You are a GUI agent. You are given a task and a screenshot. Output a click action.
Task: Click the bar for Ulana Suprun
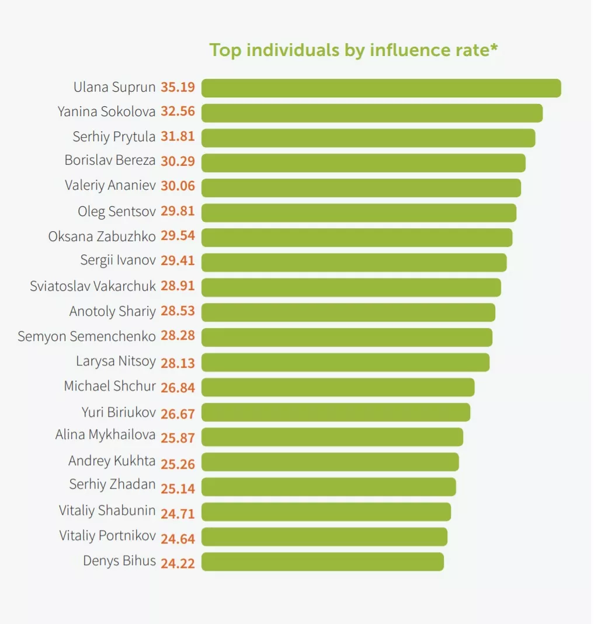[381, 88]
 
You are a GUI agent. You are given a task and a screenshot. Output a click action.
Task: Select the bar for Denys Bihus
[322, 562]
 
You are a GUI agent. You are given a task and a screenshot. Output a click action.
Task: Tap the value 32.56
[178, 111]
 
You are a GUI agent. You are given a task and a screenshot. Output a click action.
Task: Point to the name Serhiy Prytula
[114, 137]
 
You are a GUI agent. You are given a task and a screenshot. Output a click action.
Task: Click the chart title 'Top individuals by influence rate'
[353, 50]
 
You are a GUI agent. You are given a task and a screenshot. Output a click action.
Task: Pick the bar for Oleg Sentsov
[359, 212]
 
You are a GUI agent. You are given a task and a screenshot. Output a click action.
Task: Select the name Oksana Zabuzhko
[102, 236]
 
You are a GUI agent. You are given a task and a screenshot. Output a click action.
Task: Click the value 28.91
[178, 287]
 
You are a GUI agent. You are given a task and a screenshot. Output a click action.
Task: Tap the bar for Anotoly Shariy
[348, 312]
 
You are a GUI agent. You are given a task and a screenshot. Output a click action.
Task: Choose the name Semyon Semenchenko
[86, 336]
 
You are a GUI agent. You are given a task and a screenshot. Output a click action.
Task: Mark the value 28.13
[178, 362]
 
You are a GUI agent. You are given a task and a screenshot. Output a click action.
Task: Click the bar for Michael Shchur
[338, 387]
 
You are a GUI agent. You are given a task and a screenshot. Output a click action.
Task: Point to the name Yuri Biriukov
[119, 413]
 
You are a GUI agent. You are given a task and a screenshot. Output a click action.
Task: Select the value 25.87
[178, 436]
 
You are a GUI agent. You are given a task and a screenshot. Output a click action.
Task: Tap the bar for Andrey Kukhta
[330, 462]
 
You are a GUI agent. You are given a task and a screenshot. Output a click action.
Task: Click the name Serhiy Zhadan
[112, 484]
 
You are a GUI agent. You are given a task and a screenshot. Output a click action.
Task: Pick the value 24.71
[178, 513]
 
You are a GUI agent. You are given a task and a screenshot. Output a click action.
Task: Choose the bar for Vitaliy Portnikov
[324, 536]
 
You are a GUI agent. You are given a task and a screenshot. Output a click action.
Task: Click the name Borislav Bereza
[110, 161]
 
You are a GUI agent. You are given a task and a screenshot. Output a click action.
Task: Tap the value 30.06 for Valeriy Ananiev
[178, 187]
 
